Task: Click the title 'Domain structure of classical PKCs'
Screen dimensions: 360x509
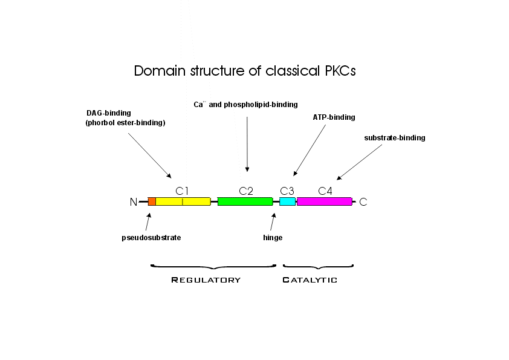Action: click(x=245, y=71)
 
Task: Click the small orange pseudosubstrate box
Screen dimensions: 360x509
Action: click(x=152, y=201)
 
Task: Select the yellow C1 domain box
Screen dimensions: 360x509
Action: click(x=183, y=201)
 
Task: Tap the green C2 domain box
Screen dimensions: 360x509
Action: click(x=245, y=201)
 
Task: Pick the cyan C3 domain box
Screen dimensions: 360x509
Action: click(x=287, y=201)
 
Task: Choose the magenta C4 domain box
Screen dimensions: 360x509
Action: click(x=324, y=201)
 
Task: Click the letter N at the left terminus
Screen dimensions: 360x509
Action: click(x=134, y=202)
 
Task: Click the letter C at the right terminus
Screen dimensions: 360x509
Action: click(x=363, y=202)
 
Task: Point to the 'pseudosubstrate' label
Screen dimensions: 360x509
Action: click(x=151, y=238)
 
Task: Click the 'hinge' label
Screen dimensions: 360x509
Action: click(x=273, y=238)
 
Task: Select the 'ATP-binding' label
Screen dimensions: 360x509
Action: click(x=334, y=117)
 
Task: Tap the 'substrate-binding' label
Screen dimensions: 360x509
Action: click(x=395, y=138)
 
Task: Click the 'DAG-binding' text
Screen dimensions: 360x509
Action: click(x=109, y=113)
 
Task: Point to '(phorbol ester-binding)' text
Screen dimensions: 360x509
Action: click(x=126, y=123)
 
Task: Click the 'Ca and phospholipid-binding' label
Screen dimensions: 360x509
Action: click(x=245, y=105)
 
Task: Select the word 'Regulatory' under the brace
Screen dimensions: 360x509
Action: click(x=206, y=280)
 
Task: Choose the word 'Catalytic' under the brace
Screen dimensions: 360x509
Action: click(x=310, y=280)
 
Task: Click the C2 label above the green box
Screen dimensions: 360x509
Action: click(x=246, y=191)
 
